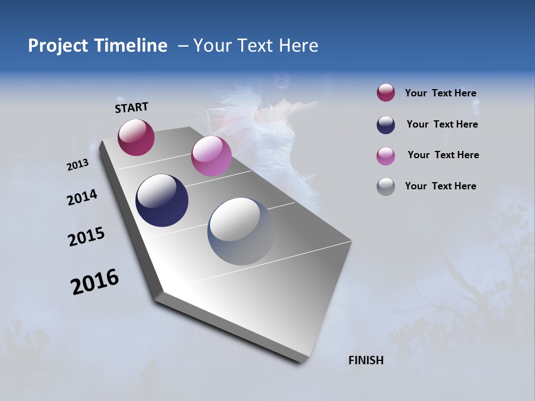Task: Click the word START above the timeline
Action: click(132, 107)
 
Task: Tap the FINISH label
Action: click(366, 360)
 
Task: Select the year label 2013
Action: click(78, 165)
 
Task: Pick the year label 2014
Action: click(82, 198)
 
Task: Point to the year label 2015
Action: click(86, 237)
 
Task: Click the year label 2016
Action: click(95, 282)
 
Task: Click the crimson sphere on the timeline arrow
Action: click(136, 138)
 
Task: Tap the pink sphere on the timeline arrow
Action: click(211, 156)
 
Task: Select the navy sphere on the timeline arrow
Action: click(162, 200)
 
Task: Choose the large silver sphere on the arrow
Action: click(241, 231)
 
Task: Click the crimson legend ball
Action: click(386, 93)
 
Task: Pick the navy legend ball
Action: click(386, 125)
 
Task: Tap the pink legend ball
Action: click(386, 156)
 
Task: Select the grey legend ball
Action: click(386, 187)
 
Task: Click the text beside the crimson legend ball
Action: click(440, 94)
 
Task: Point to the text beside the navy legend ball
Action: click(442, 124)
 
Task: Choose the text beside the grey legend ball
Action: click(440, 186)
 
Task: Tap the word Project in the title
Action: click(57, 46)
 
